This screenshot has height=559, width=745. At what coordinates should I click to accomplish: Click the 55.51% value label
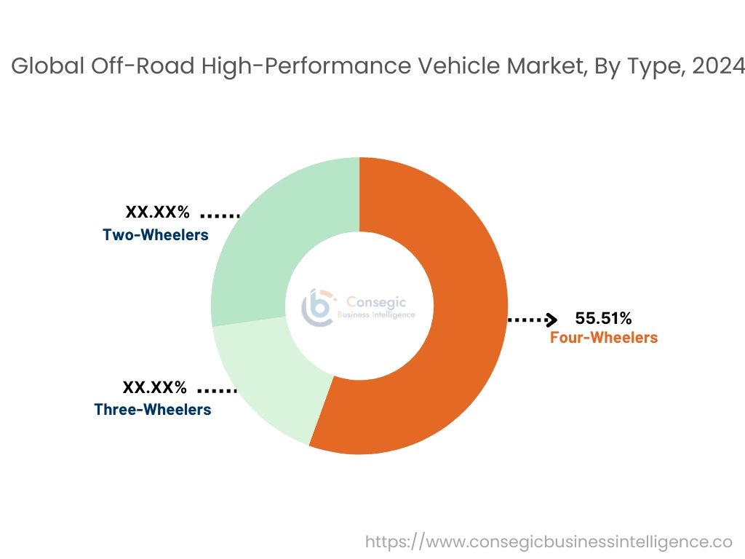pos(603,318)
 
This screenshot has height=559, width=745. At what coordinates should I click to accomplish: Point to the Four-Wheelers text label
pos(603,338)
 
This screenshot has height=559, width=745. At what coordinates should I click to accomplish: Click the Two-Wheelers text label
pos(156,235)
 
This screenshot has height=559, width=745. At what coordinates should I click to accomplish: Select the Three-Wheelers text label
pos(153,410)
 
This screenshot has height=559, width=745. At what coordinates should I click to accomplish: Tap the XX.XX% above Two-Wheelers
pos(158,213)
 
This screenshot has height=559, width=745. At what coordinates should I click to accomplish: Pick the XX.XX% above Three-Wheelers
pos(154,387)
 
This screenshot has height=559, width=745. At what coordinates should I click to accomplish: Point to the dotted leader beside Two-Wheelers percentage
pos(220,215)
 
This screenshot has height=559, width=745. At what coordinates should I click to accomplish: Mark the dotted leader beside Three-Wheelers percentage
pos(217,391)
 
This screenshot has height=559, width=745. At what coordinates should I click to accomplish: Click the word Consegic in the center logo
pos(376,301)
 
